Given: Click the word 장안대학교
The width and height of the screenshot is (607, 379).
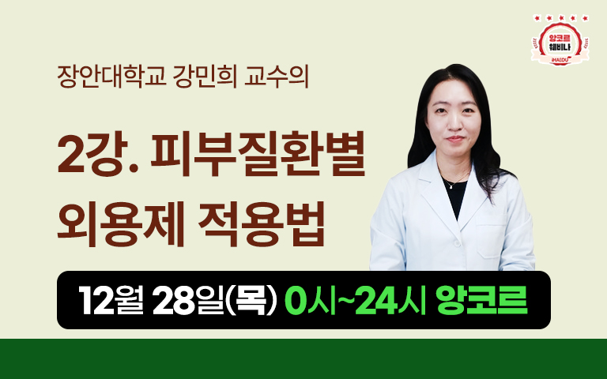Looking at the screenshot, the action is coord(111,77).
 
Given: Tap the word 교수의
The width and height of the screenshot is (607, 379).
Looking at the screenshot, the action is coord(277,77).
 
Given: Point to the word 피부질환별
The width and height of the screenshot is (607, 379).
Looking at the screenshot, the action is coord(258,154).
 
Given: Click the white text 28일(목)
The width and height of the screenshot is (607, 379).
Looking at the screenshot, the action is coord(215,300).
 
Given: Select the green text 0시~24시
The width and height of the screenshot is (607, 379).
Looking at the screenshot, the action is coord(355,300).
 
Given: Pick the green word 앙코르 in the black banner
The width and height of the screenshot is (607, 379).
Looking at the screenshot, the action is coord(481,300).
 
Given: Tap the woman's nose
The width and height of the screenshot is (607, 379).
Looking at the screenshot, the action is coord(454,125).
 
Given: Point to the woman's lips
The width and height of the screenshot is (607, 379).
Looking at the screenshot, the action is coord(455,139).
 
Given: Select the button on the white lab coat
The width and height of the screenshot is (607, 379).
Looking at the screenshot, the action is coord(458,244).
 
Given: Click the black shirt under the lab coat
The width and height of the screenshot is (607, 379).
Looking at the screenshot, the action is coord(455,197).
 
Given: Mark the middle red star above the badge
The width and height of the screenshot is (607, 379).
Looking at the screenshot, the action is coord(561,18).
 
